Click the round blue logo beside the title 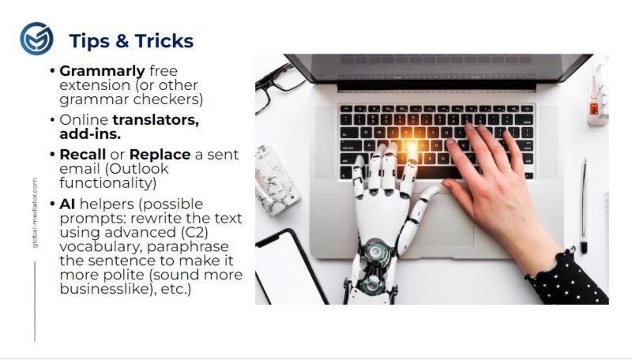[36, 39]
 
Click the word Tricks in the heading [164, 41]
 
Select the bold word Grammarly [102, 71]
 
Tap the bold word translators [156, 119]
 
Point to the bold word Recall [83, 154]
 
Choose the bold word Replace [160, 155]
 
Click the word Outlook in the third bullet [138, 168]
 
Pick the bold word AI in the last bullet [67, 204]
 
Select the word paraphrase [189, 247]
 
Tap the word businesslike [107, 289]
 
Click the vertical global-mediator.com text [35, 213]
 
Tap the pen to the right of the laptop [583, 206]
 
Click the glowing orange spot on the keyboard [410, 146]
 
